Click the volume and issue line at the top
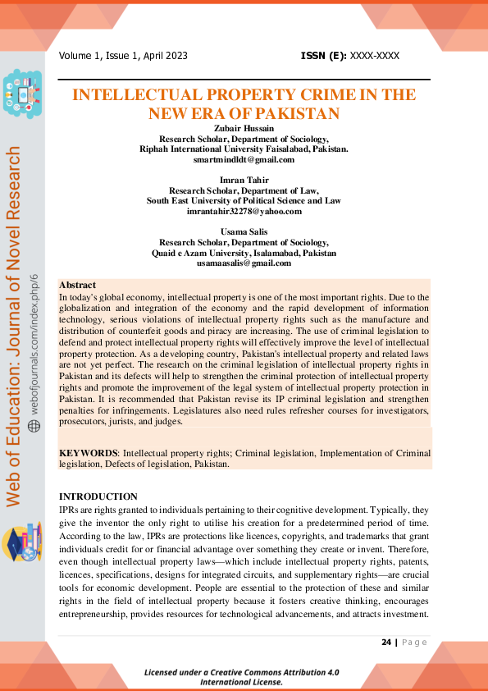(123, 56)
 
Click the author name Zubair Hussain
(244, 129)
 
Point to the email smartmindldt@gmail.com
(244, 159)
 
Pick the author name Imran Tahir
(244, 180)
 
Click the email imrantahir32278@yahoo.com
(244, 211)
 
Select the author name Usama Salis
(244, 232)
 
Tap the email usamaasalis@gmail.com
(244, 263)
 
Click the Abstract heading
(77, 285)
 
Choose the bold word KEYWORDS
(89, 453)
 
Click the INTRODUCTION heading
(98, 497)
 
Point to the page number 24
(386, 642)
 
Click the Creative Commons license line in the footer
(241, 676)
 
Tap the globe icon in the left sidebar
(34, 426)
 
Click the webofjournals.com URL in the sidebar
(34, 336)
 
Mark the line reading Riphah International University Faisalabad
(244, 149)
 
